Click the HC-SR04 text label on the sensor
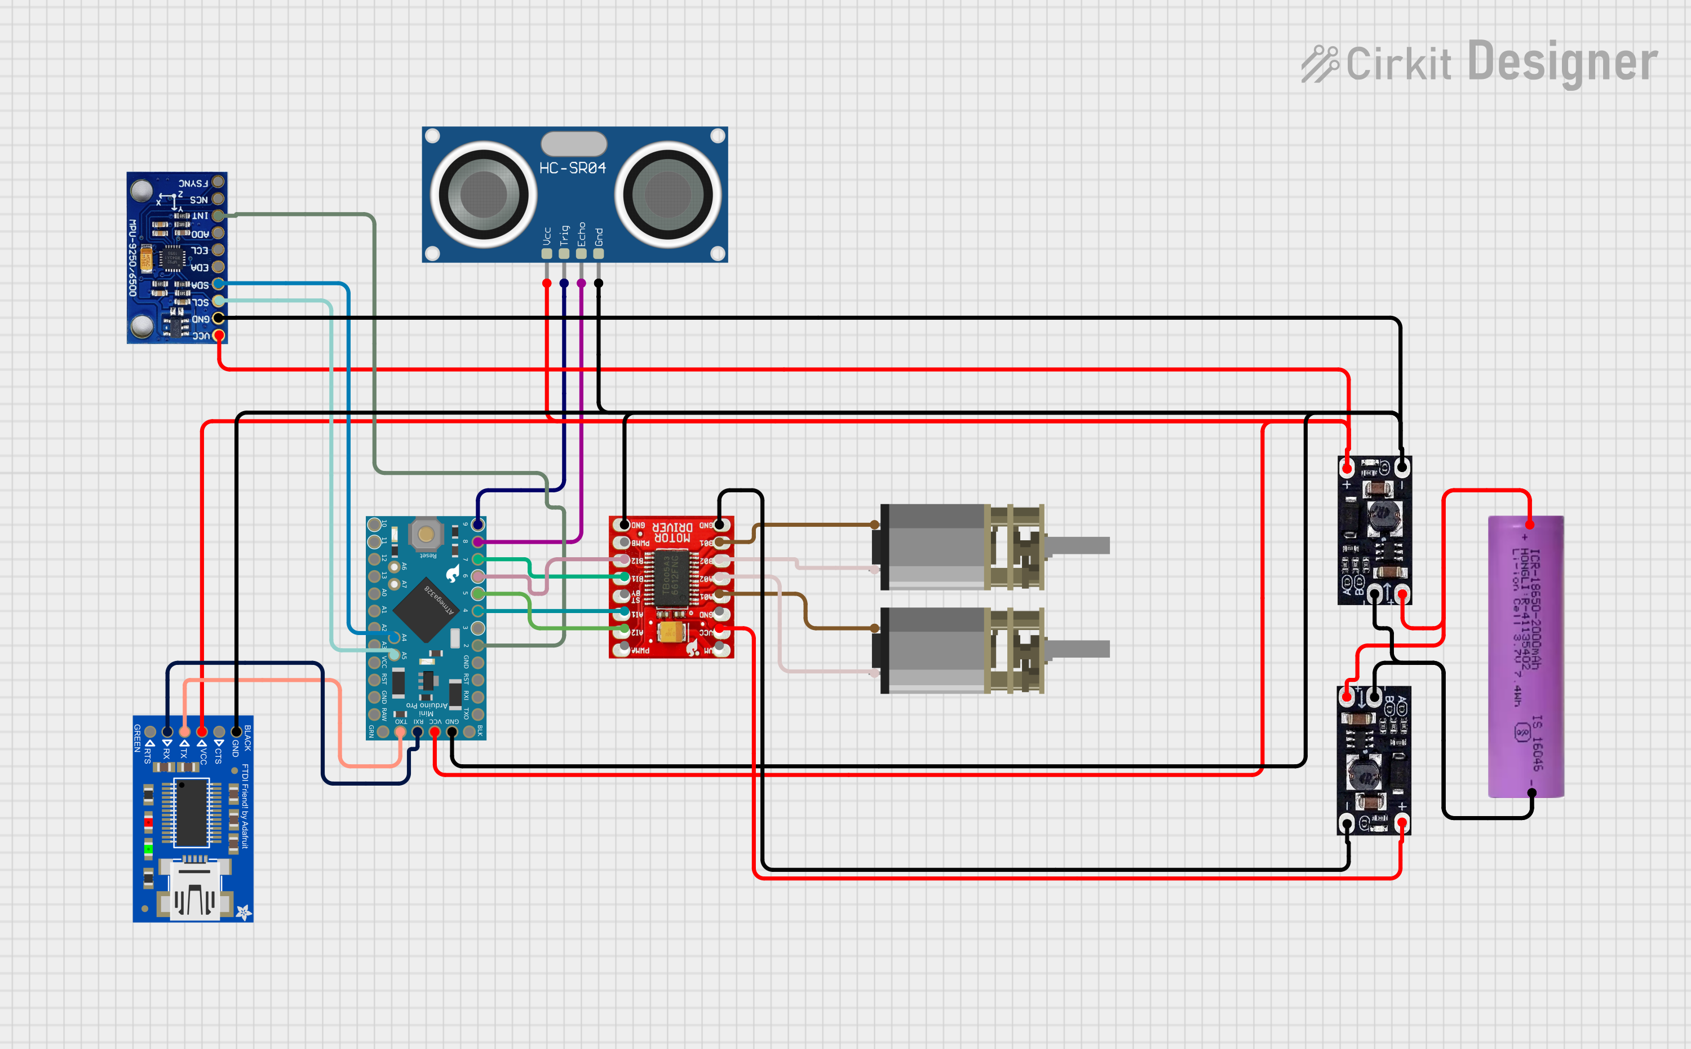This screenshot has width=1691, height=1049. [572, 168]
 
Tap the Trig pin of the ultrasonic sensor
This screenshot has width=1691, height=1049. [564, 253]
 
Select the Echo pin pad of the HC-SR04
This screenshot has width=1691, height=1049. [581, 253]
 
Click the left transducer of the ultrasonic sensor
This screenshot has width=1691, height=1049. [482, 193]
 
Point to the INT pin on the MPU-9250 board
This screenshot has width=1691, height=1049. [218, 216]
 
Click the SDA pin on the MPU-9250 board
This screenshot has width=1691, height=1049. [218, 284]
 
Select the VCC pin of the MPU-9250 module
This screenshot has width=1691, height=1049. [218, 335]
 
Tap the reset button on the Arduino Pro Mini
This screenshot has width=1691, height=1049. [426, 534]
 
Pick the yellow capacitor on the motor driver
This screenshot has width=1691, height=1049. [670, 631]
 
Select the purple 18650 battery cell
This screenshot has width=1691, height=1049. [1525, 655]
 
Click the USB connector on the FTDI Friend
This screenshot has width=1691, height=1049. [193, 892]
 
